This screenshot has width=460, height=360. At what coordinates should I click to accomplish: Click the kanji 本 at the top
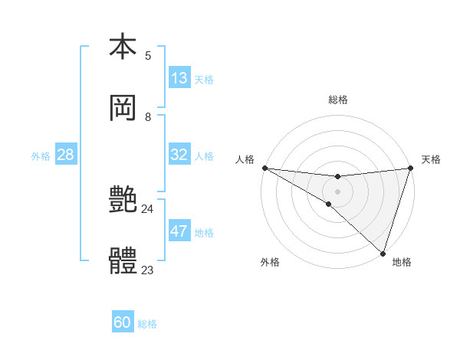pyautogui.click(x=123, y=47)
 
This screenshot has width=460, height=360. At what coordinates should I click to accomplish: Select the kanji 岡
pyautogui.click(x=123, y=108)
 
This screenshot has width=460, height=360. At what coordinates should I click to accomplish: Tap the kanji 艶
pyautogui.click(x=123, y=201)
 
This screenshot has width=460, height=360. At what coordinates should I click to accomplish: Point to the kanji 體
pyautogui.click(x=123, y=262)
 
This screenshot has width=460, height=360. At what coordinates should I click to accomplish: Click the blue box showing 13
pyautogui.click(x=179, y=78)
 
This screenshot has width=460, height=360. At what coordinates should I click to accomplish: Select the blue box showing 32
pyautogui.click(x=179, y=155)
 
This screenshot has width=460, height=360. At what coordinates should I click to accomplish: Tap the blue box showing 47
pyautogui.click(x=179, y=231)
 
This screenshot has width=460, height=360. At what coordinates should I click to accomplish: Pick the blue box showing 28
pyautogui.click(x=66, y=155)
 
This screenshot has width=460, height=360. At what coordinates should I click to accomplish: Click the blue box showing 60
pyautogui.click(x=123, y=322)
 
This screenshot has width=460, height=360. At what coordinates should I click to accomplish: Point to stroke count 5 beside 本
pyautogui.click(x=148, y=55)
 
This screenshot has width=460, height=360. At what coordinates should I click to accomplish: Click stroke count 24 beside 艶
pyautogui.click(x=148, y=208)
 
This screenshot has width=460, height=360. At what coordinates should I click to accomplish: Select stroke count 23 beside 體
pyautogui.click(x=148, y=270)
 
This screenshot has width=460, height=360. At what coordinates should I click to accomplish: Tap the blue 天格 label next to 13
pyautogui.click(x=204, y=79)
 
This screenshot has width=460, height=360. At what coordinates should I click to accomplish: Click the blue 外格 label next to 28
pyautogui.click(x=41, y=155)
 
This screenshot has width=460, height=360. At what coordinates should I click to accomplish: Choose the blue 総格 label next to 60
pyautogui.click(x=147, y=323)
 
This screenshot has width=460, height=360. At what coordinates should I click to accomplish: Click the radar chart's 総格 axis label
pyautogui.click(x=337, y=100)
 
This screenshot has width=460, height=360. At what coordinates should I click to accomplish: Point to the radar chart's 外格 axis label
pyautogui.click(x=270, y=262)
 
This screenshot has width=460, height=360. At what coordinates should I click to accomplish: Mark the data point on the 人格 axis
pyautogui.click(x=264, y=167)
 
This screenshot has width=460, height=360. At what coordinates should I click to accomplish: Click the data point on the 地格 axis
pyautogui.click(x=383, y=253)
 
